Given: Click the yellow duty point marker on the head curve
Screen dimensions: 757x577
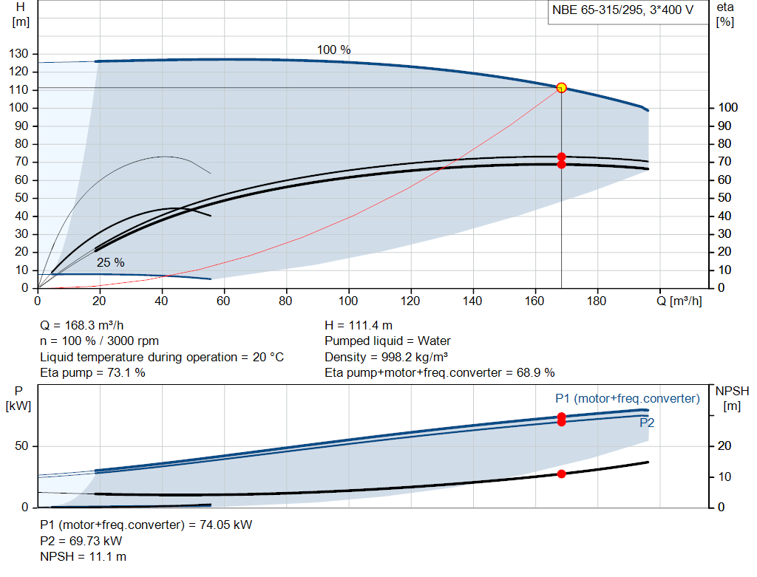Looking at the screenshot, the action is [561, 88].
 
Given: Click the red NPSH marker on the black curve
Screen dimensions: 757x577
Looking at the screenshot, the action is [561, 474].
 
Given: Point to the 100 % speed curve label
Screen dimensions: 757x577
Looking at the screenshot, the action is [333, 49].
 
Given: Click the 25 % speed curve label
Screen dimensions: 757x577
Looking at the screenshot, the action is [111, 262].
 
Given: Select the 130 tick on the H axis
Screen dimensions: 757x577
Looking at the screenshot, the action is [18, 53].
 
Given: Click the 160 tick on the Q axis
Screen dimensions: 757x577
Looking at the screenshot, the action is [534, 301].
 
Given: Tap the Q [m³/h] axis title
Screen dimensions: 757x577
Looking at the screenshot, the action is [679, 301].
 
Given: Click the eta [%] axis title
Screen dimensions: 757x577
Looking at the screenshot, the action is [724, 15].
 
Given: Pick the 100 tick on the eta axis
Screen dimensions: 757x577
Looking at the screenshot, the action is [728, 108].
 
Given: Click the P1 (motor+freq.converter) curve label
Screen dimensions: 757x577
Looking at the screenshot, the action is [627, 398].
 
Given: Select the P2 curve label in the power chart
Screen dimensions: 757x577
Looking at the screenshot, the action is [646, 423].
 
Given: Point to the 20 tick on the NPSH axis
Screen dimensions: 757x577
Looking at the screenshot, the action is [724, 445].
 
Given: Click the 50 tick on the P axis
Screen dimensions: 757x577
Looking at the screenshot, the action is [21, 445].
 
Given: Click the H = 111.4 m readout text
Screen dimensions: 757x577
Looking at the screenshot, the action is [359, 325].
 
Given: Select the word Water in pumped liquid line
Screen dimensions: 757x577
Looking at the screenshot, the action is [434, 341].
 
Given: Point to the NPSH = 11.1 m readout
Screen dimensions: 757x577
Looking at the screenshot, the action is [83, 556].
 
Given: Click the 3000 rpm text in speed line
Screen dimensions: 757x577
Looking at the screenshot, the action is [133, 341].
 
